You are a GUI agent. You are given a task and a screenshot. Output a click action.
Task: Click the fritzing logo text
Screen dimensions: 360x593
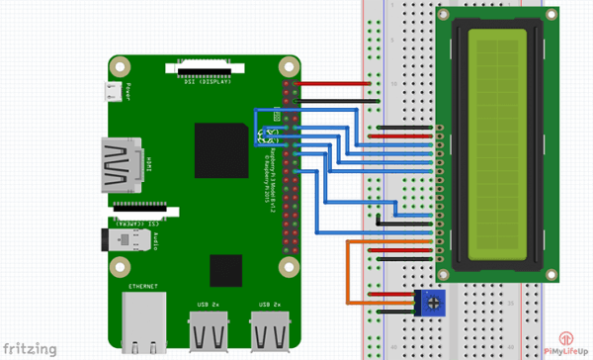(29, 347)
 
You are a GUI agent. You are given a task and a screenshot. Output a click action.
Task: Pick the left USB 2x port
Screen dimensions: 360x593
(209, 330)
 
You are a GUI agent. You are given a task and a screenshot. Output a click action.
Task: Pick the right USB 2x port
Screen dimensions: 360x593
(271, 330)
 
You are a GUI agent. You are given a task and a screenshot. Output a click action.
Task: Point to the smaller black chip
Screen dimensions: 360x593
(225, 268)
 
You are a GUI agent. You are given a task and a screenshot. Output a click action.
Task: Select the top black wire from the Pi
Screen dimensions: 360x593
(336, 100)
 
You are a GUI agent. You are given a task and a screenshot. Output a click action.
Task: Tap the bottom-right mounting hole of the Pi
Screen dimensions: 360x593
(290, 266)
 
